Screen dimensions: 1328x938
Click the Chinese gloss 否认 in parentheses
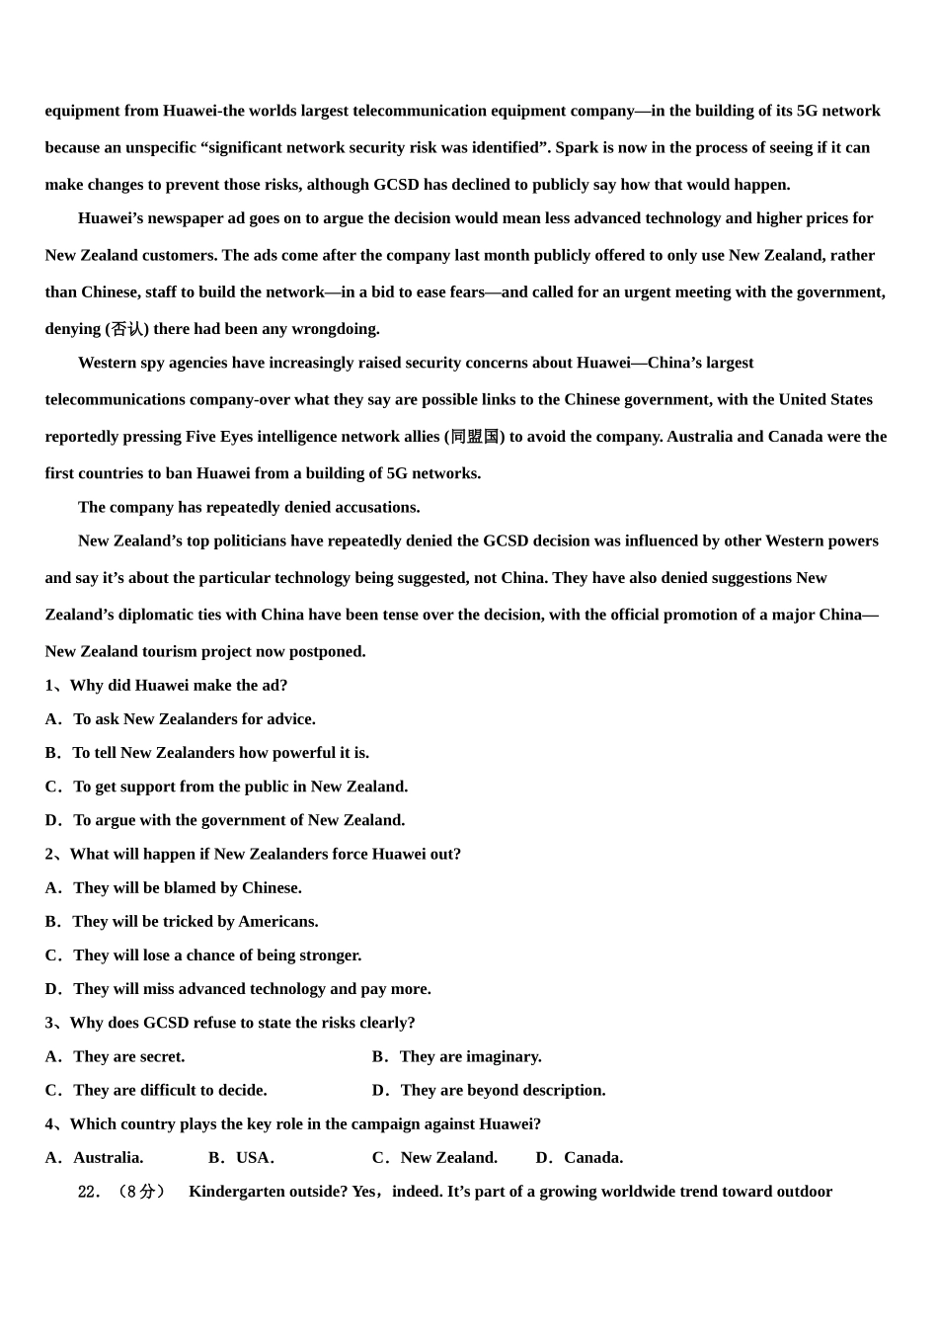coord(126,329)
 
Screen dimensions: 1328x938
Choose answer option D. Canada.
coord(580,1158)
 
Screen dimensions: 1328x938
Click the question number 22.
coord(90,1192)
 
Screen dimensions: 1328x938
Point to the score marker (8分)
coord(140,1192)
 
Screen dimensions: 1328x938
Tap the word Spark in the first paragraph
coord(578,148)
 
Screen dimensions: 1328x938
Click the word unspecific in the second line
coord(160,148)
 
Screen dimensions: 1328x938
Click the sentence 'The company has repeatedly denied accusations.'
coord(249,508)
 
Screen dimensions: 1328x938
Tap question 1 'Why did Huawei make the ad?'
coord(166,686)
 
